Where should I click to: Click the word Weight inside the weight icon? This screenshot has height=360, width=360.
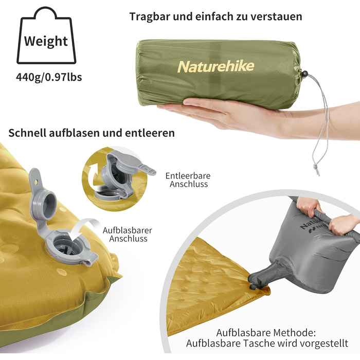46,42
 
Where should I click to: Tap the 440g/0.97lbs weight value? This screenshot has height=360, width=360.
49,77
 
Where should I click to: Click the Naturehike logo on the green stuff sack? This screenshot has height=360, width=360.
216,66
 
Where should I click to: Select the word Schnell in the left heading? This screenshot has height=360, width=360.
27,133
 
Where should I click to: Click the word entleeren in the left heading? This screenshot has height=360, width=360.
150,133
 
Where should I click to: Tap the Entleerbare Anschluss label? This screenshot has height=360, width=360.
188,180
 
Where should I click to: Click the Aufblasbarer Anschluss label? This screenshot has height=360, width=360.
128,235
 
